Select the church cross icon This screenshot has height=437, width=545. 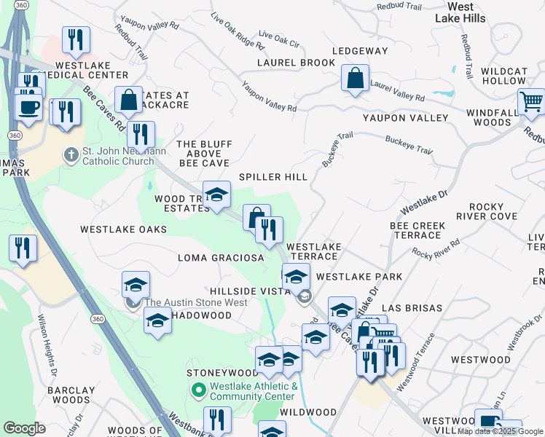pyautogui.click(x=71, y=154)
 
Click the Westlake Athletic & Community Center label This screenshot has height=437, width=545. pyautogui.click(x=254, y=391)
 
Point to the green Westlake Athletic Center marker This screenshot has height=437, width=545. pyautogui.click(x=197, y=391)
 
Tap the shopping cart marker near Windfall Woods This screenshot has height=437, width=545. pyautogui.click(x=531, y=103)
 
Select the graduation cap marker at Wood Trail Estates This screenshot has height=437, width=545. pyautogui.click(x=216, y=195)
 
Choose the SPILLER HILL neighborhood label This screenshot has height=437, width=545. pyautogui.click(x=273, y=177)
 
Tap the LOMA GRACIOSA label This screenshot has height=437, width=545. pyautogui.click(x=221, y=258)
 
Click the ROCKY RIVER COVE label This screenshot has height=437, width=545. pyautogui.click(x=486, y=211)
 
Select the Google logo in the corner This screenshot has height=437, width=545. pyautogui.click(x=24, y=428)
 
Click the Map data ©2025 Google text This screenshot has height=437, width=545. pyautogui.click(x=500, y=431)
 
